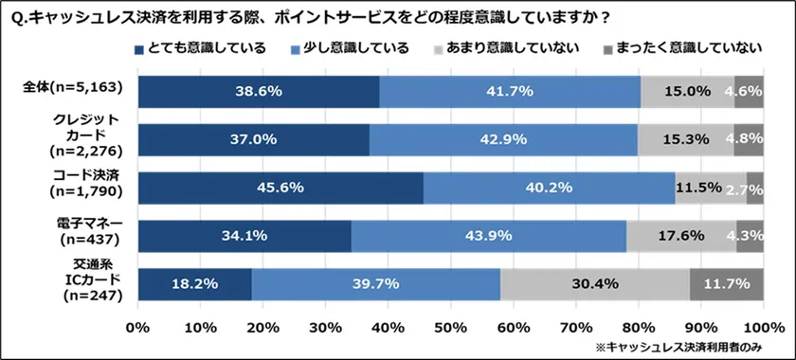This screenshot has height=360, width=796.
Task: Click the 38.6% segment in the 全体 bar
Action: [259, 92]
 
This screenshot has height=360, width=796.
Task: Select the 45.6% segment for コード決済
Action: [280, 188]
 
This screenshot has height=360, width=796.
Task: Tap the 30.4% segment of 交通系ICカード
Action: [595, 283]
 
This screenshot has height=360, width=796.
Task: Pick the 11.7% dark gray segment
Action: [727, 283]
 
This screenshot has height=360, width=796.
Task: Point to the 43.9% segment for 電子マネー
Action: [489, 236]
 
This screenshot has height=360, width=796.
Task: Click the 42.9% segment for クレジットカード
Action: [503, 139]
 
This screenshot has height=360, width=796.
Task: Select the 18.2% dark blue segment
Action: [195, 283]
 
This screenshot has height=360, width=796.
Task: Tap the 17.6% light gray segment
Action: [681, 236]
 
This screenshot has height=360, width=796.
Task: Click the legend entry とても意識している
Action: [200, 47]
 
